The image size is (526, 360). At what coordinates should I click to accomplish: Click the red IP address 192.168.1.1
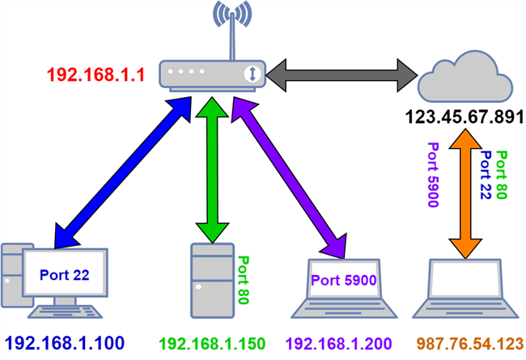95,75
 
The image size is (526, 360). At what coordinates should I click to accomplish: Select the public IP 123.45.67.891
465,118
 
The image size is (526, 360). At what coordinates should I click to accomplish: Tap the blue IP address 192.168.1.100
65,342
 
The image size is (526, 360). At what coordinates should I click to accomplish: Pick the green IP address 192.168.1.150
212,342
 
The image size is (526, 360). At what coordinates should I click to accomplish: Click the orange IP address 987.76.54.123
467,342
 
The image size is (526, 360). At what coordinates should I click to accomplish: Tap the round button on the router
253,74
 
